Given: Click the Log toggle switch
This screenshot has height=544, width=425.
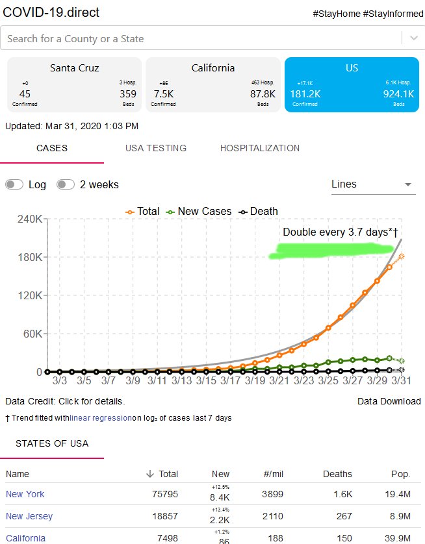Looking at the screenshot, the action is click(14, 184).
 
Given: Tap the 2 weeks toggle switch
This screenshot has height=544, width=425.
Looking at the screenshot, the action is click(66, 184).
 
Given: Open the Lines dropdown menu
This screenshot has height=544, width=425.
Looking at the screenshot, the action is click(373, 184).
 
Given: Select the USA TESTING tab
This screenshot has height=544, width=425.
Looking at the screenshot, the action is click(156, 148).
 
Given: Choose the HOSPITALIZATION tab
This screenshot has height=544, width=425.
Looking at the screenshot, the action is click(260, 148).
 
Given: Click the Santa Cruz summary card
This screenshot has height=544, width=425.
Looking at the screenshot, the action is click(74, 84).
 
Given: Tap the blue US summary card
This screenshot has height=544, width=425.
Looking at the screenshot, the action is click(352, 84).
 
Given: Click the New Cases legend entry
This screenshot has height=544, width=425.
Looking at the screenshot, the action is click(199, 211).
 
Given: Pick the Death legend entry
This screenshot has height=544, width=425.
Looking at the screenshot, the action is click(258, 211).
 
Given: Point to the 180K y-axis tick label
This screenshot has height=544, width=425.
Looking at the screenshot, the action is click(30, 257).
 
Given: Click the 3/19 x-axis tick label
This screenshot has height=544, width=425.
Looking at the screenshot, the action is click(255, 380).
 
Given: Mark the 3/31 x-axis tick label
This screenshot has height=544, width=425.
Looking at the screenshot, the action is click(402, 380).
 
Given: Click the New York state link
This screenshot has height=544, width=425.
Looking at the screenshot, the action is click(25, 494).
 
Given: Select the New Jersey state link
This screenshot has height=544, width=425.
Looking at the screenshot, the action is click(29, 516).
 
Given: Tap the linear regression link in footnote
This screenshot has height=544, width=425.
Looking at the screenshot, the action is click(101, 418).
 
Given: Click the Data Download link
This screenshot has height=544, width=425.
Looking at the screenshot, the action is click(389, 401).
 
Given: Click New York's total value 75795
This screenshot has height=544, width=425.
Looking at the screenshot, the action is click(165, 494).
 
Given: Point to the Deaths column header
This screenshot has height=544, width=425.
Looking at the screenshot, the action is click(337, 474).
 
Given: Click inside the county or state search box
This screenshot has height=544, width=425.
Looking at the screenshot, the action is click(201, 38).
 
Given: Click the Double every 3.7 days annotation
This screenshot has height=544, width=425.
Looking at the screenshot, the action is click(341, 232).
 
